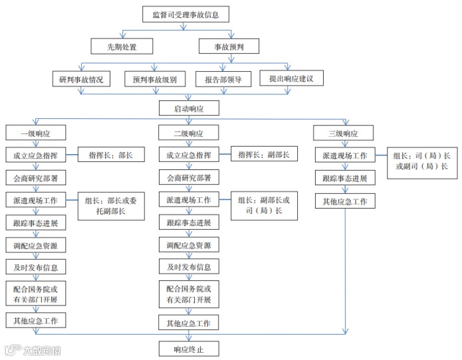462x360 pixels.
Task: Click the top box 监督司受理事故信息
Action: pyautogui.click(x=185, y=13)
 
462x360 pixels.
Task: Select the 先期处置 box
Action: pyautogui.click(x=122, y=46)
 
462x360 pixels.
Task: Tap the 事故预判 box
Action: pyautogui.click(x=228, y=46)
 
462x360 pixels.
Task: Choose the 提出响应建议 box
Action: pyautogui.click(x=291, y=79)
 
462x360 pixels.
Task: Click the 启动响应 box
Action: pyautogui.click(x=188, y=108)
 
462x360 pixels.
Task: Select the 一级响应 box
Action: pyautogui.click(x=35, y=134)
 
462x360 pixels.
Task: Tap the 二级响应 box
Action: pyautogui.click(x=188, y=134)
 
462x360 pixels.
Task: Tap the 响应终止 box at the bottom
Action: pyautogui.click(x=188, y=349)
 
